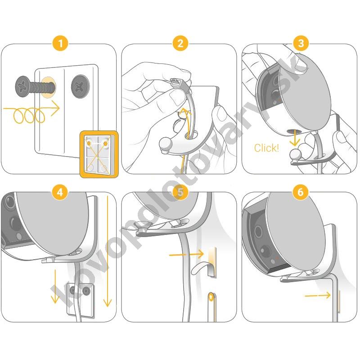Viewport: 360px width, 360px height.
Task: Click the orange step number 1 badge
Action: click(60, 43)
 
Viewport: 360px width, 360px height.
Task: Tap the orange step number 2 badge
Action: click(180, 43)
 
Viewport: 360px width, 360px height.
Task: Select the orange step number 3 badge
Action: click(301, 43)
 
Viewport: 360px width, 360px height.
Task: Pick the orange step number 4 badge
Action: click(60, 192)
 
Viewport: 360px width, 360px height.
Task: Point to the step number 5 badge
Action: click(180, 192)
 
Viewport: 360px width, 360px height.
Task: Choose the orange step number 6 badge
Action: click(301, 192)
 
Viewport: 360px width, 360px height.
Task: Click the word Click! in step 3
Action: click(266, 148)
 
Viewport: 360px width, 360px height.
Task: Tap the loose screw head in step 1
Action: click(22, 86)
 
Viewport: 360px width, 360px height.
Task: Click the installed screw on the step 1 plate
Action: click(80, 86)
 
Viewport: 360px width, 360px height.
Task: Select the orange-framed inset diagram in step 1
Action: click(99, 154)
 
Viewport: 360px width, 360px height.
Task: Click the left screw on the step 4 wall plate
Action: click(73, 291)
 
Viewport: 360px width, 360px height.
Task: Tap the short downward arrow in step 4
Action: click(54, 287)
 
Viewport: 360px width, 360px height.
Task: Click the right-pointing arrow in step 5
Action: click(186, 254)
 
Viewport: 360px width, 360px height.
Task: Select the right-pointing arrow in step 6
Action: click(318, 296)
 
